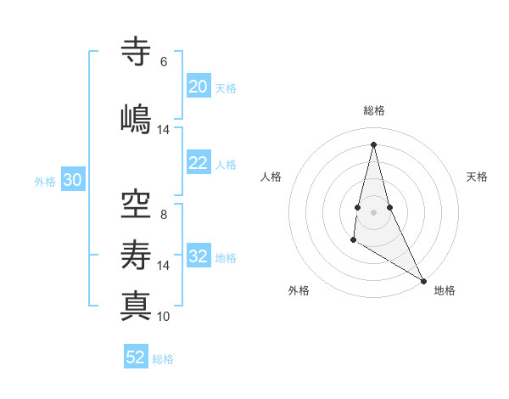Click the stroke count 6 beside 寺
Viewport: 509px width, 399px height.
tap(163, 62)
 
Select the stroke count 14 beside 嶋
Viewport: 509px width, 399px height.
tap(163, 130)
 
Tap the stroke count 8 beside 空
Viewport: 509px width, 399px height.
tap(163, 215)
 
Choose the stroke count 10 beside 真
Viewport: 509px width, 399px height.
tap(163, 317)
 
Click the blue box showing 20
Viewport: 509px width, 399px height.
tap(198, 87)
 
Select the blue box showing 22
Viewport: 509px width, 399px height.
tap(198, 164)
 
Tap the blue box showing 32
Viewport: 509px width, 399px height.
tap(198, 257)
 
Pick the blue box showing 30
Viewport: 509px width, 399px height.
tap(72, 181)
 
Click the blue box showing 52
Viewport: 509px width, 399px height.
tap(136, 357)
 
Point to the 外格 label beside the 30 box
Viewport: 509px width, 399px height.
tap(45, 182)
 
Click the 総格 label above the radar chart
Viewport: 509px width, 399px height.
tap(374, 110)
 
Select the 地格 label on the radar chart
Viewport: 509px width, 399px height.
tap(445, 290)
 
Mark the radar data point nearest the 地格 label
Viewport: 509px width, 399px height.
tap(424, 281)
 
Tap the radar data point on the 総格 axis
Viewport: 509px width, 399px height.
tap(373, 144)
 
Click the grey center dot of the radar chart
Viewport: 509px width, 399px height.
tap(373, 211)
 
